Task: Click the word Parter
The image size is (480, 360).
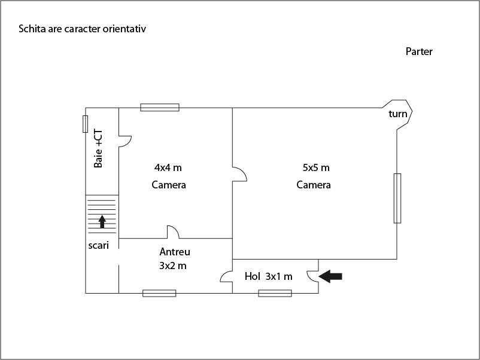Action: pos(419,51)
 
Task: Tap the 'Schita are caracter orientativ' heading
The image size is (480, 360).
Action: pos(82,29)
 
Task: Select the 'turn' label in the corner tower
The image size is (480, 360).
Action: pos(397,114)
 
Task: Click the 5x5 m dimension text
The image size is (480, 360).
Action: pos(316,167)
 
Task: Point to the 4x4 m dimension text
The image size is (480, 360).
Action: pos(168,167)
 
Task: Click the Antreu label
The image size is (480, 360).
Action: pos(174,252)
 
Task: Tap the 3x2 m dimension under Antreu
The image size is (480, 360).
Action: pos(172,266)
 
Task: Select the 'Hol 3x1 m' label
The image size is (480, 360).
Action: pos(268,276)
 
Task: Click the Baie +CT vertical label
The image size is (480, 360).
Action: pos(99,148)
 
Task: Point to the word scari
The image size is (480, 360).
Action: pos(98,245)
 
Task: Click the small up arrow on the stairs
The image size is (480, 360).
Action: pos(102,221)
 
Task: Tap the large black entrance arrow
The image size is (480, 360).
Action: pos(331,276)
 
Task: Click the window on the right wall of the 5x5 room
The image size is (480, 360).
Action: pos(397,198)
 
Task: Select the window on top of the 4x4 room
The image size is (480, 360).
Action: pos(160,107)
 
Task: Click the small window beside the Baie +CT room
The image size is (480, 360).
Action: pos(86,124)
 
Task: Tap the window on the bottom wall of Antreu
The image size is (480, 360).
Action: pos(159,293)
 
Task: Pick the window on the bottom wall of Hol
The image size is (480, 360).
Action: pos(275,293)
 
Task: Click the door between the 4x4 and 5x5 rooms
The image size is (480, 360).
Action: pos(239,174)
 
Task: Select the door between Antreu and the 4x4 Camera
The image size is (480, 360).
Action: pos(172,232)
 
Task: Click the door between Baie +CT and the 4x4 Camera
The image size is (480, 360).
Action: pos(124,141)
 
